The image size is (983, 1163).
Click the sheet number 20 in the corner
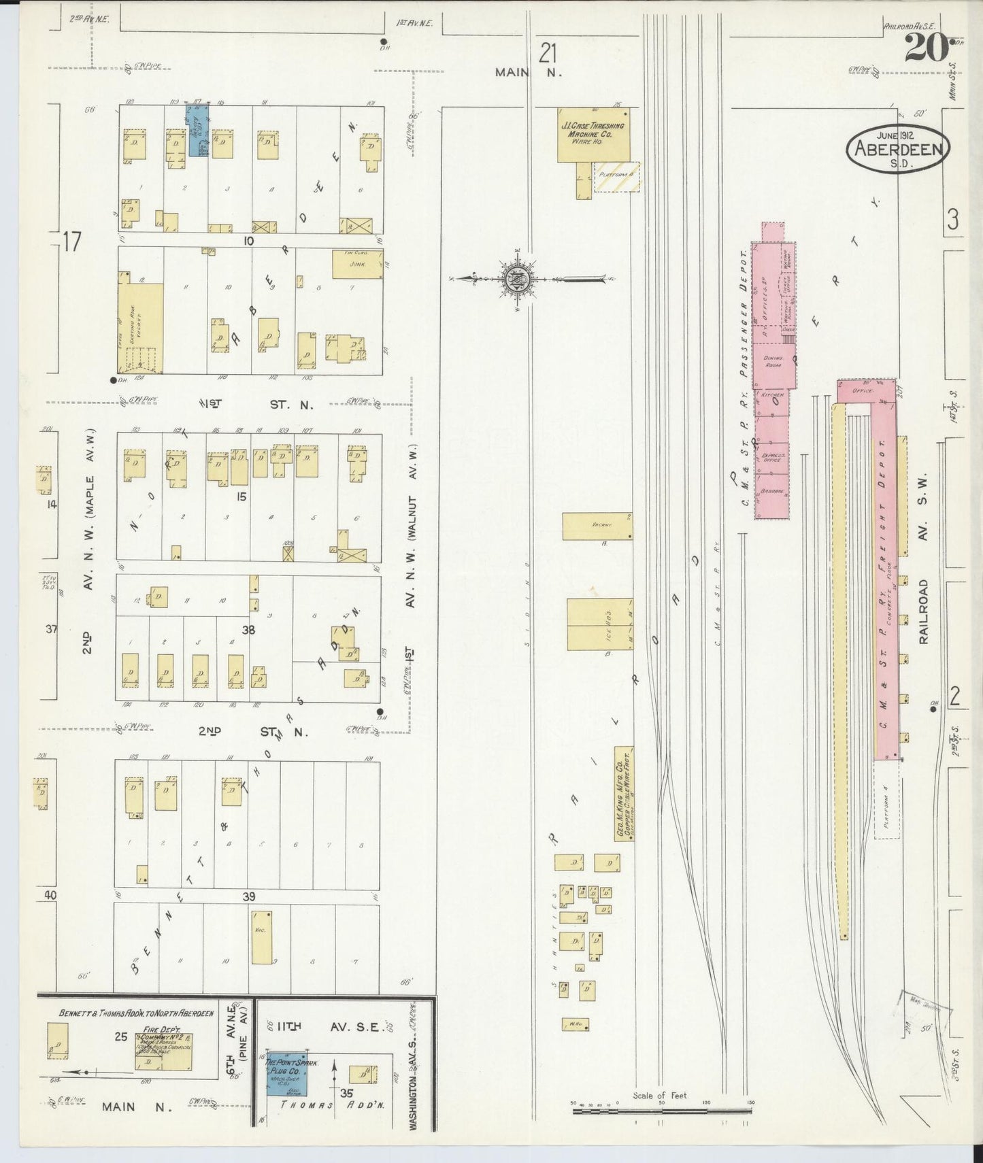[x=926, y=49]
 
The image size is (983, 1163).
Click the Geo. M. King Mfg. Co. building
[x=624, y=793]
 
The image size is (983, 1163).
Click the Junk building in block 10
[x=357, y=265]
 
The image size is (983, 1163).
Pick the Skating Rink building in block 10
[x=140, y=327]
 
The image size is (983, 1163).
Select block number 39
[x=248, y=897]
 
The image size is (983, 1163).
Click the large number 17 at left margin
[x=72, y=242]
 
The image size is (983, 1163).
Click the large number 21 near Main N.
[x=549, y=52]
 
